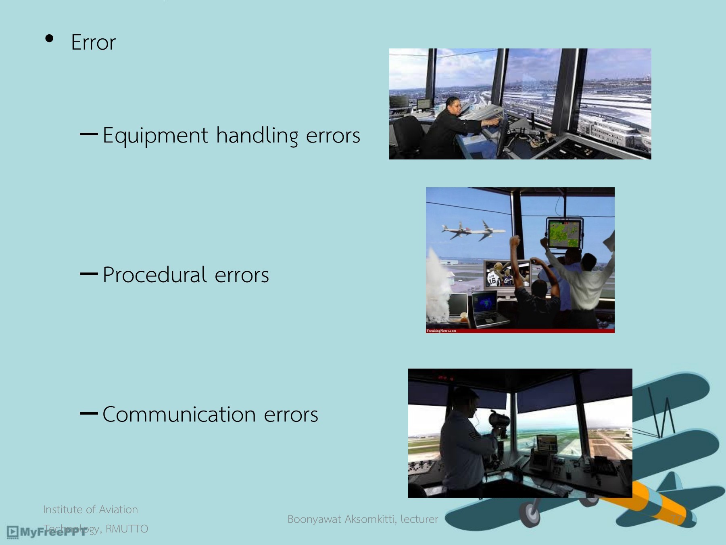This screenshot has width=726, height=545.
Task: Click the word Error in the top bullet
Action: (x=93, y=42)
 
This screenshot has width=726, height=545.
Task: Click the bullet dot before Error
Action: (x=50, y=38)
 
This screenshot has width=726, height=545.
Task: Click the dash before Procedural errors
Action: (x=89, y=274)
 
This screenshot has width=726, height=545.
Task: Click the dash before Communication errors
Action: (x=89, y=413)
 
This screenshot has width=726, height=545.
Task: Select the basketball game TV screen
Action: (x=507, y=275)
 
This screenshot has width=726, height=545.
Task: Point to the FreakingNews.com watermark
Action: (x=441, y=331)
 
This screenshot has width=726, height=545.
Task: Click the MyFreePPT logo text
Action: (x=52, y=532)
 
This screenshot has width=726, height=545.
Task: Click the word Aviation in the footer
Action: (x=118, y=509)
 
